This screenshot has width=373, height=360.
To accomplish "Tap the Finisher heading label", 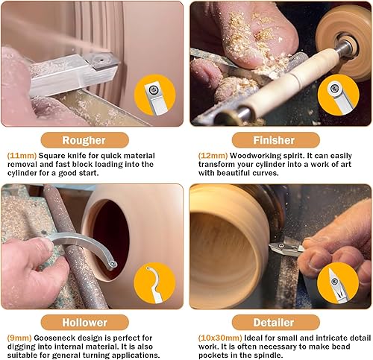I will coord(278,139).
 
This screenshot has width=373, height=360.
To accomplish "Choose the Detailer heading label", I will coord(278,323).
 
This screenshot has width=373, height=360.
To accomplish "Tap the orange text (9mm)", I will coord(18,338).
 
